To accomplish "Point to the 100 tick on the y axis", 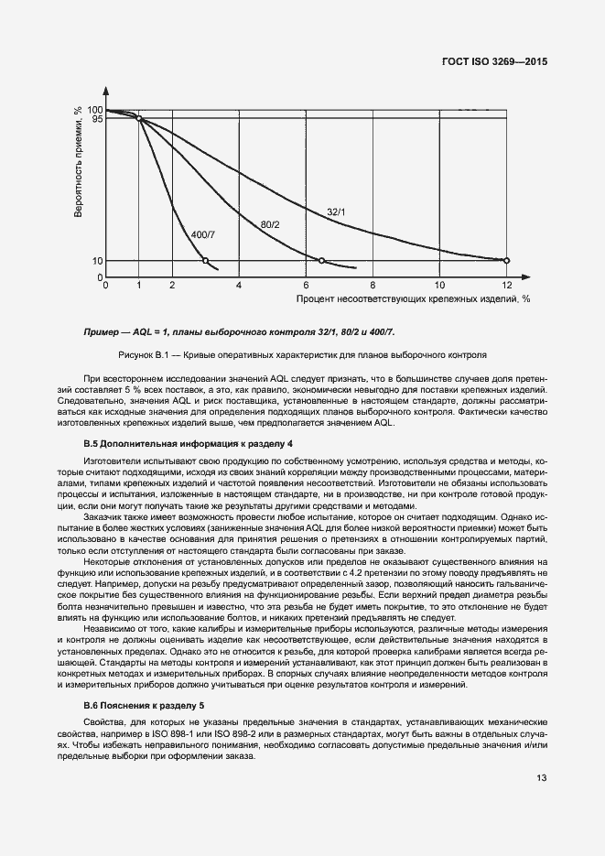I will click(x=95, y=110).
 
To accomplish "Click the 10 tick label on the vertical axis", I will click(x=97, y=261).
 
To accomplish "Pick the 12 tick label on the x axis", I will click(x=506, y=286).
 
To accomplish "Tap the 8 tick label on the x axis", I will click(x=373, y=286).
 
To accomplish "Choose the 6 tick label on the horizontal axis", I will click(x=306, y=286).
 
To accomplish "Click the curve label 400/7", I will click(x=203, y=235).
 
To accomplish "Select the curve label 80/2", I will click(x=270, y=223).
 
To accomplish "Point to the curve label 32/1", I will click(x=336, y=212).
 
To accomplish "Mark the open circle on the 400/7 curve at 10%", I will click(x=205, y=261).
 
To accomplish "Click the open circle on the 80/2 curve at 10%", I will click(x=321, y=261).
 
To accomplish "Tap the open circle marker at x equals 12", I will click(x=506, y=261).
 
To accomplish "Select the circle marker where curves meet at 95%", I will click(x=139, y=118).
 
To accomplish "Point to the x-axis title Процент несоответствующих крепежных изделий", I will click(x=413, y=298).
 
